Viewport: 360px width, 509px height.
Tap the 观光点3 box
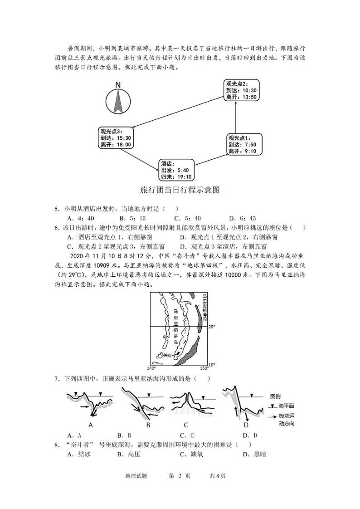[116, 138]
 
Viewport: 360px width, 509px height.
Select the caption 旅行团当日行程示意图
[180, 190]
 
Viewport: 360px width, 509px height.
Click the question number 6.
[57, 228]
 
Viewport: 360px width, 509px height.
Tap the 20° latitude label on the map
[211, 327]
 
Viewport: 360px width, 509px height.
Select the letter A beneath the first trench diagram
[90, 425]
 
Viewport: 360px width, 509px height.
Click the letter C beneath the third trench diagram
[186, 425]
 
